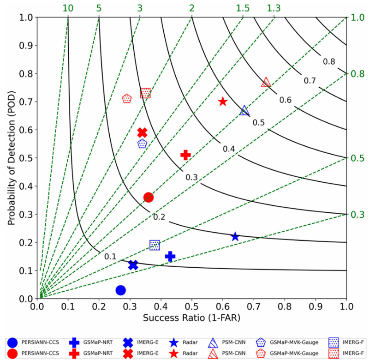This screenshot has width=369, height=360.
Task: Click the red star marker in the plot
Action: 223,102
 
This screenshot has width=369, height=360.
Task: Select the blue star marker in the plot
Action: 235,237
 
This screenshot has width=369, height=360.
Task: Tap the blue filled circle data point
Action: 121,290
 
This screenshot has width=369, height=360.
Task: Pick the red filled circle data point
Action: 149,198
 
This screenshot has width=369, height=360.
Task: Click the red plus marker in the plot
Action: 185,155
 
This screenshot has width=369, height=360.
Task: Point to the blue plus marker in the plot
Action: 170,256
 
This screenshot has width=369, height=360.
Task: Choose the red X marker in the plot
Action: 143,132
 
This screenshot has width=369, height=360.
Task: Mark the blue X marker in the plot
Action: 133,265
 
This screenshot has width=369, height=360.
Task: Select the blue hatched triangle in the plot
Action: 244,111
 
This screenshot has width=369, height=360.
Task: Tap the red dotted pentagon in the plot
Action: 127,99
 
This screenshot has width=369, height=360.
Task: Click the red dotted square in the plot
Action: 145,93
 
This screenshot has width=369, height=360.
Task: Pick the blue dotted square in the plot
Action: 155,245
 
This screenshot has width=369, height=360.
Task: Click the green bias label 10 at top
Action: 68,8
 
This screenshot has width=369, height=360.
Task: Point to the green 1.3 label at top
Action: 274,8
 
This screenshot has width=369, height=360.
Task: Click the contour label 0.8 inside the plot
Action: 329,61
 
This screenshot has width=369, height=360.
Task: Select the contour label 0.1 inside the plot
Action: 110,257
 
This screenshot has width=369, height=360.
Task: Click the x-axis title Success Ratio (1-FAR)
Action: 191,318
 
